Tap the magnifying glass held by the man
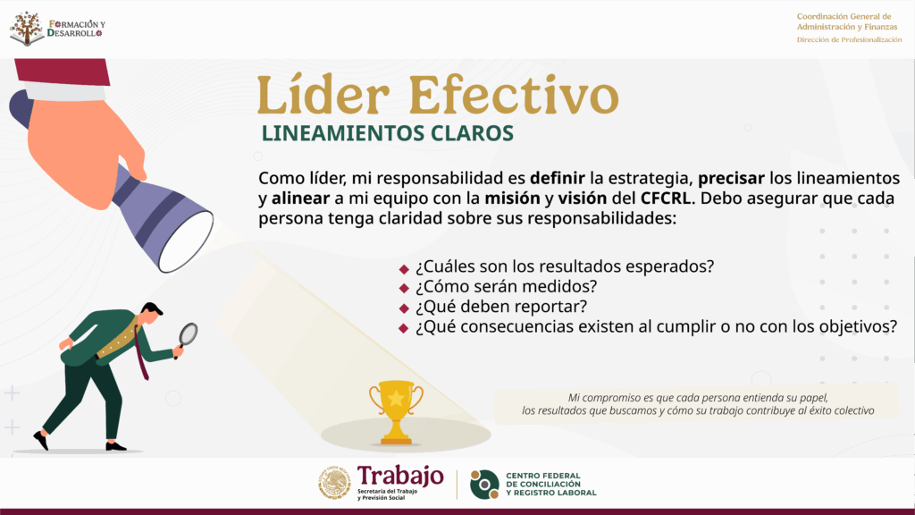click(x=188, y=337)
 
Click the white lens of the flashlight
click(x=186, y=241)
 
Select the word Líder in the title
click(x=323, y=95)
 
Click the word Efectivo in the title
click(x=514, y=95)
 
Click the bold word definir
click(x=558, y=178)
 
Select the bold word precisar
click(x=731, y=179)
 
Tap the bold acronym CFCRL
click(x=665, y=198)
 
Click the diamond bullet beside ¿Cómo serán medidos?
click(x=404, y=288)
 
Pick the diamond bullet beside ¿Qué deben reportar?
click(x=404, y=308)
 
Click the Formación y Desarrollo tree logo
click(x=27, y=28)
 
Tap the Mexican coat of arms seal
click(x=334, y=483)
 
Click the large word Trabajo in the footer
click(x=400, y=477)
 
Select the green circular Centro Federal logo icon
click(x=485, y=485)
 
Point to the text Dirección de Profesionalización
click(x=849, y=39)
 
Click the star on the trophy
click(x=396, y=398)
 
